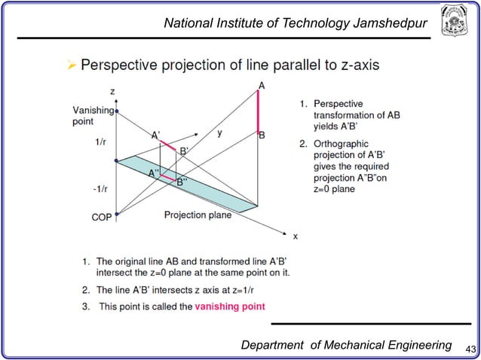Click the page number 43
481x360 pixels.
click(471, 347)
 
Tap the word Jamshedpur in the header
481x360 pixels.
click(388, 25)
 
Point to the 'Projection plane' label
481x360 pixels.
click(198, 215)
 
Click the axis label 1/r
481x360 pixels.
click(100, 142)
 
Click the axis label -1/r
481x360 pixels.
click(100, 188)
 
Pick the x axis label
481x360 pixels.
click(295, 236)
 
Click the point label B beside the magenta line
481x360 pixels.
click(262, 136)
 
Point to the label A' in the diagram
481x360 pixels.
click(156, 136)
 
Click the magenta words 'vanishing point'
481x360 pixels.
click(230, 306)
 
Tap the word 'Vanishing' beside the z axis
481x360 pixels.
click(92, 110)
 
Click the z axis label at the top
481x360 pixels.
click(112, 92)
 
